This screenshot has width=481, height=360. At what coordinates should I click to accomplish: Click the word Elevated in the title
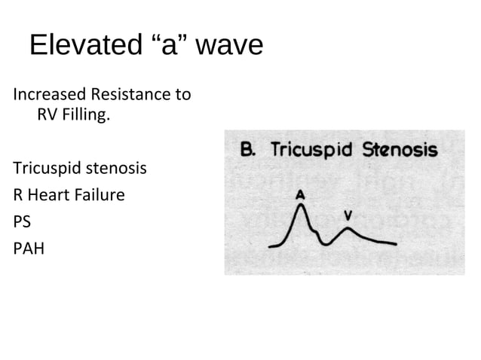(x=83, y=46)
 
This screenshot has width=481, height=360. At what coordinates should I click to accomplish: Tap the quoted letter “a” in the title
(x=167, y=46)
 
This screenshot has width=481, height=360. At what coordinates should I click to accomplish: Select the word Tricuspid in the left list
(x=42, y=167)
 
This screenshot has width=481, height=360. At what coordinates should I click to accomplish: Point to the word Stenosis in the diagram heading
(x=400, y=149)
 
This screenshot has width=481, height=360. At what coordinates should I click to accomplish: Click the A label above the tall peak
(x=300, y=194)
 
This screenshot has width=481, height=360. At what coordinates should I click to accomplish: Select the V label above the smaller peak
(x=348, y=215)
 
